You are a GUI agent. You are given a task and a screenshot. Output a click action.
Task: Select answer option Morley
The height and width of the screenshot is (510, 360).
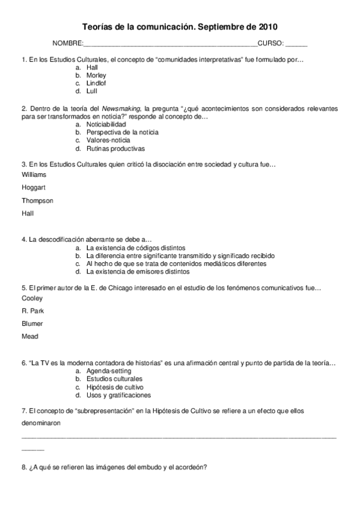(96, 76)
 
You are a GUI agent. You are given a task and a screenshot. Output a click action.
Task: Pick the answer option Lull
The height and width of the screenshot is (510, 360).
(92, 91)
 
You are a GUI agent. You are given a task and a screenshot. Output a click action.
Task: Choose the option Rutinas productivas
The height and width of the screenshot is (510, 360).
(115, 148)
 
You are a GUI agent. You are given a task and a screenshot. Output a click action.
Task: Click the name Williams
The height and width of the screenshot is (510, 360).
(34, 174)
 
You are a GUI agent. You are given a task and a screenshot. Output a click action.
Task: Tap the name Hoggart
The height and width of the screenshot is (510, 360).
(34, 187)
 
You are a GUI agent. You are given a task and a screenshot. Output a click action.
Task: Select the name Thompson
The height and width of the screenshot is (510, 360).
(37, 200)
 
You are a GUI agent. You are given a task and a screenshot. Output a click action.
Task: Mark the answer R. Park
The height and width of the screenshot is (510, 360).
(32, 311)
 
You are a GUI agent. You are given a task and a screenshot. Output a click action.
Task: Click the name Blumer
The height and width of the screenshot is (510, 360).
(32, 324)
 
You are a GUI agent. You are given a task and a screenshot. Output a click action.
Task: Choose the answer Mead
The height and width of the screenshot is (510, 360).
(30, 337)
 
